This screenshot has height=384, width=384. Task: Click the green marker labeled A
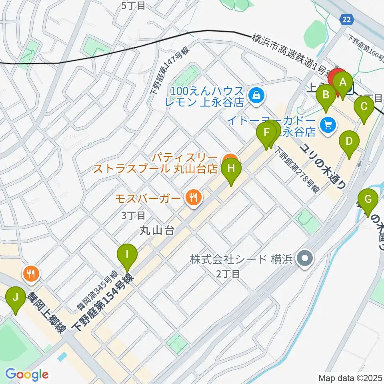(x=342, y=82)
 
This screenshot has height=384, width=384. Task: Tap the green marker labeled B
(x=326, y=95)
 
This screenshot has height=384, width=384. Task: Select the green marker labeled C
(x=364, y=106)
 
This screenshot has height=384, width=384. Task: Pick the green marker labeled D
(x=349, y=141)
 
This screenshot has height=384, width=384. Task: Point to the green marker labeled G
(x=368, y=199)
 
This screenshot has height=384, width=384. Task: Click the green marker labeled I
(x=127, y=254)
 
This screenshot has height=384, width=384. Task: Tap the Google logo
(x=27, y=374)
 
